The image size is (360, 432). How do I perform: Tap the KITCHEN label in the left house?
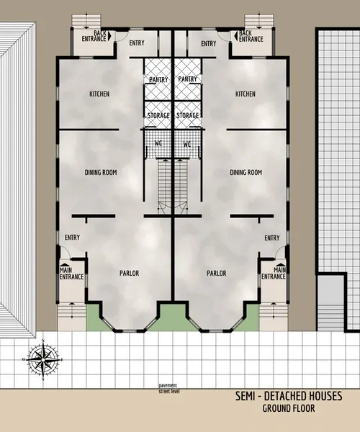[x=99, y=94]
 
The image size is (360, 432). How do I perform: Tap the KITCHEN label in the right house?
[x=245, y=94]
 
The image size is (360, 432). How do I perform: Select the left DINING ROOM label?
[x=101, y=173]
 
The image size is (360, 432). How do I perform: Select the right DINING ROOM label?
[x=246, y=173]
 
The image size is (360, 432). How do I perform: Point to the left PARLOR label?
[x=129, y=274]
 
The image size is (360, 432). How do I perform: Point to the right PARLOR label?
[x=217, y=274]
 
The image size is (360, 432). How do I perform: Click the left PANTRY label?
[x=158, y=79]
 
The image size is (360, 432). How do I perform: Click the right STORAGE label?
[x=188, y=115]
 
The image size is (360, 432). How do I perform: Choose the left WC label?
[x=158, y=144]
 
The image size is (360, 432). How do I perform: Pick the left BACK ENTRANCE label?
[x=94, y=35]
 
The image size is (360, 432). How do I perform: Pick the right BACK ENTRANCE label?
[x=251, y=35]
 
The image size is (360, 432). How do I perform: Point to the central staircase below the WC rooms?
[x=172, y=184]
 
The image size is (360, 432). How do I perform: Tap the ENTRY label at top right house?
[x=208, y=44]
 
